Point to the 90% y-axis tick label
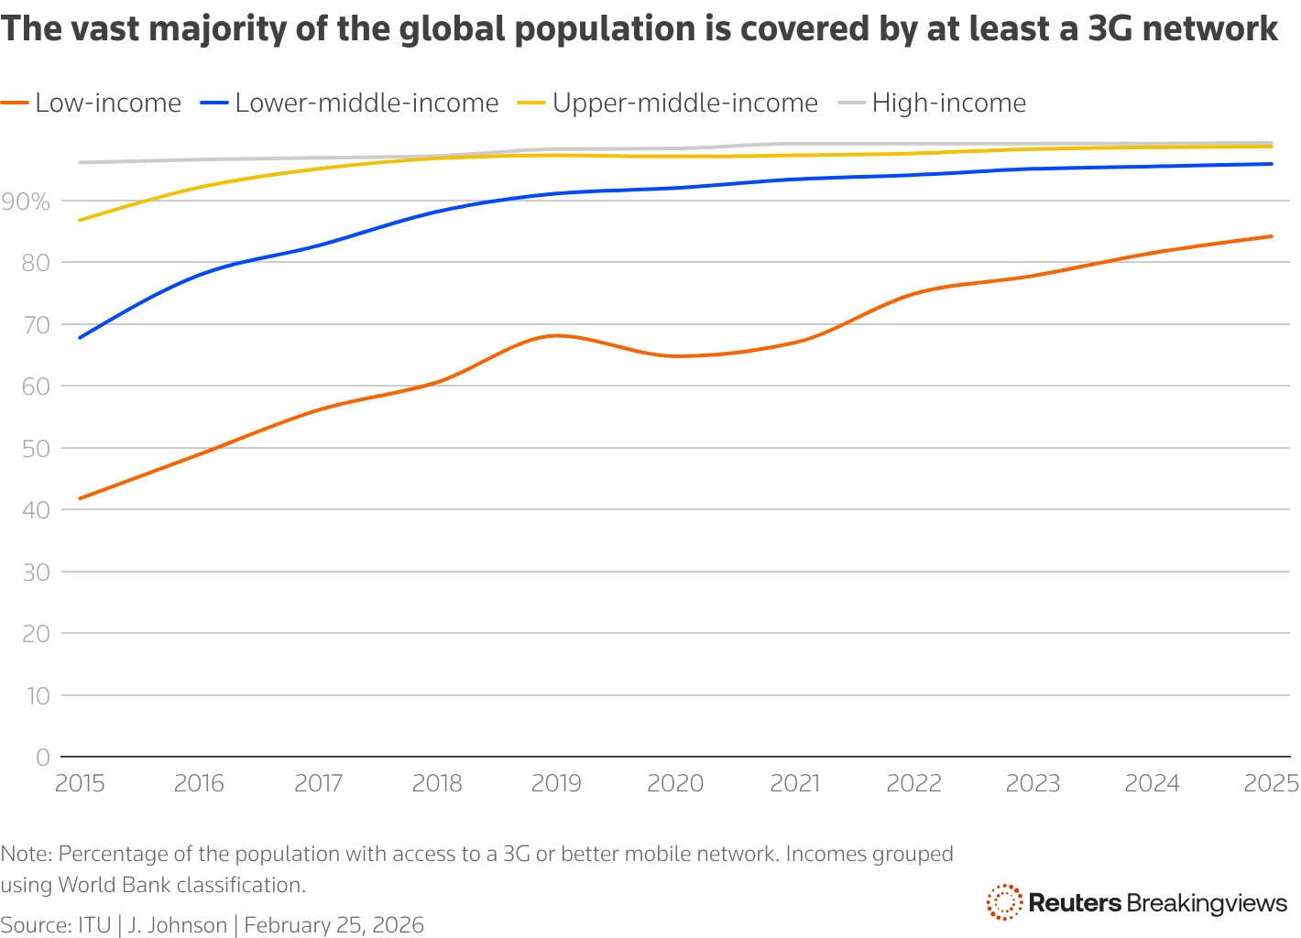click(27, 202)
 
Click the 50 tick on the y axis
click(37, 449)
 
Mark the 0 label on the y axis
click(43, 758)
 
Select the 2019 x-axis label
click(556, 783)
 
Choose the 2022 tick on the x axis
click(914, 783)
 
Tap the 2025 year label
click(1271, 783)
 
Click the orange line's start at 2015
click(81, 498)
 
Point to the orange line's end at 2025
click(1272, 236)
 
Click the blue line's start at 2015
click(81, 338)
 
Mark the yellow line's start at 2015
click(81, 220)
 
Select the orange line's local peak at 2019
click(556, 335)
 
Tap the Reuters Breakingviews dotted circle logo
click(1004, 902)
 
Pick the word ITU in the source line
click(94, 925)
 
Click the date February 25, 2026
click(334, 925)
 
